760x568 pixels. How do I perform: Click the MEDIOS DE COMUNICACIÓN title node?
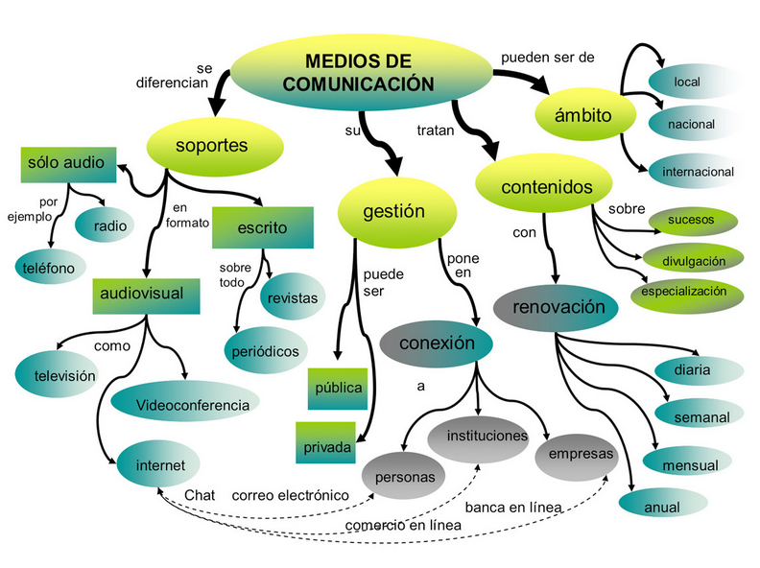358,71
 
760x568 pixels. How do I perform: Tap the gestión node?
394,212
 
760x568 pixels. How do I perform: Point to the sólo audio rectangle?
69,164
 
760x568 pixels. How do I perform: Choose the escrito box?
262,228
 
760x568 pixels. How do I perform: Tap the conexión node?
437,343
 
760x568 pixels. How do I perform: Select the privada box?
326,446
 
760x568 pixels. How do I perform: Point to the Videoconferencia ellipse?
192,405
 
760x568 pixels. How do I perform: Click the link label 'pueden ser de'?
548,58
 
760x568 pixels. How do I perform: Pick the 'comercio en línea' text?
403,525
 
